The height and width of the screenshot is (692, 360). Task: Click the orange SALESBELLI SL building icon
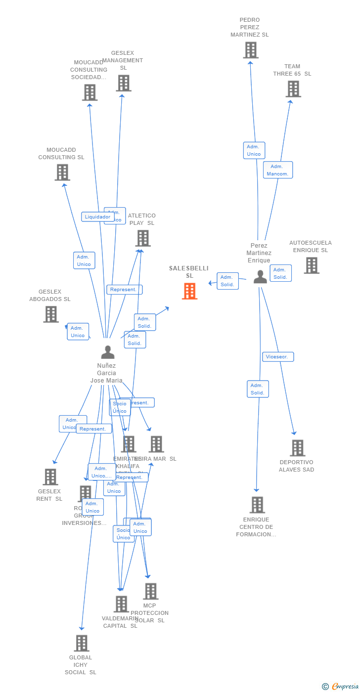(x=189, y=291)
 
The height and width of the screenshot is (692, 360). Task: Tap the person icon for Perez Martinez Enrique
(x=260, y=277)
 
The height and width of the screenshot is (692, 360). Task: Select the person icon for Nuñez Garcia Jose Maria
(x=107, y=352)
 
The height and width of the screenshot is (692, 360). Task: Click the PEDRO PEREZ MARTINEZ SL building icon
(x=251, y=50)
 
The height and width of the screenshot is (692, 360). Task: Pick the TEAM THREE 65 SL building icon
(x=293, y=89)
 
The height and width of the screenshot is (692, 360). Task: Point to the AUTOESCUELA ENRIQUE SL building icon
(x=311, y=265)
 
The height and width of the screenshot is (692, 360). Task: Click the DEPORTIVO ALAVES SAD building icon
(x=297, y=448)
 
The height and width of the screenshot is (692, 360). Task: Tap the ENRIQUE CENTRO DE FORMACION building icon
(x=257, y=505)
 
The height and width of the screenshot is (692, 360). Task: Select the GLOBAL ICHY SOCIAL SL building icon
(x=82, y=643)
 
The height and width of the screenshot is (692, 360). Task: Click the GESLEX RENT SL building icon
(x=50, y=477)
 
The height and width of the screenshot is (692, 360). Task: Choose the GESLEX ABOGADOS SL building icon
(x=51, y=314)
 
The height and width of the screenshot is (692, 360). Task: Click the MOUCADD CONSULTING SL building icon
(x=62, y=173)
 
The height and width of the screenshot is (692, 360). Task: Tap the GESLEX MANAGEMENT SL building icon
(x=124, y=83)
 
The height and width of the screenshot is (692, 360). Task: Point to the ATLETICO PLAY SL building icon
(x=142, y=238)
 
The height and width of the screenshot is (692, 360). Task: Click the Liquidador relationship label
(x=97, y=216)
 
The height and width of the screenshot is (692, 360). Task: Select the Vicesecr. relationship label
(x=278, y=357)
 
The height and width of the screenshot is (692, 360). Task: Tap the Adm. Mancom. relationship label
(x=278, y=170)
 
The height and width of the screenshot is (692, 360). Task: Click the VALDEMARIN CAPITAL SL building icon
(x=121, y=604)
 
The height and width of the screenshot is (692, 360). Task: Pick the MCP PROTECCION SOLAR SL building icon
(x=150, y=591)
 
